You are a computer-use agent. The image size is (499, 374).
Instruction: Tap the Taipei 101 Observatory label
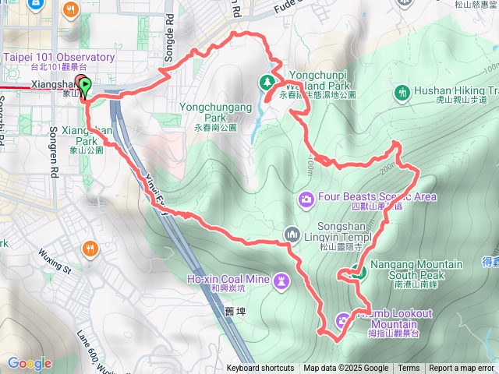click(59, 58)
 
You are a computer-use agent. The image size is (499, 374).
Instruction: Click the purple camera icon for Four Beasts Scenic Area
click(306, 199)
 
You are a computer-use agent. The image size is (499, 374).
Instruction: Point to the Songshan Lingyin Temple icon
click(292, 233)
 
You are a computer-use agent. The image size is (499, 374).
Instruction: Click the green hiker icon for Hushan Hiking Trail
click(402, 94)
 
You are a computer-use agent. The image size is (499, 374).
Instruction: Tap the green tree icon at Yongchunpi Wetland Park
click(267, 81)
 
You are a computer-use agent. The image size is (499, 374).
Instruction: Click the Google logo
click(29, 363)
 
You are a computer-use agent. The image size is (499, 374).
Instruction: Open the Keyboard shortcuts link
click(260, 369)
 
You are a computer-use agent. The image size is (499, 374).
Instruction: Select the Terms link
click(409, 369)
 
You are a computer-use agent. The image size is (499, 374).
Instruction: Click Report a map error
click(462, 369)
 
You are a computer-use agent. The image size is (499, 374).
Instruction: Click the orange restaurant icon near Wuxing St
click(90, 249)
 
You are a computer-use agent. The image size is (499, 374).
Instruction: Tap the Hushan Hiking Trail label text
click(455, 90)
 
